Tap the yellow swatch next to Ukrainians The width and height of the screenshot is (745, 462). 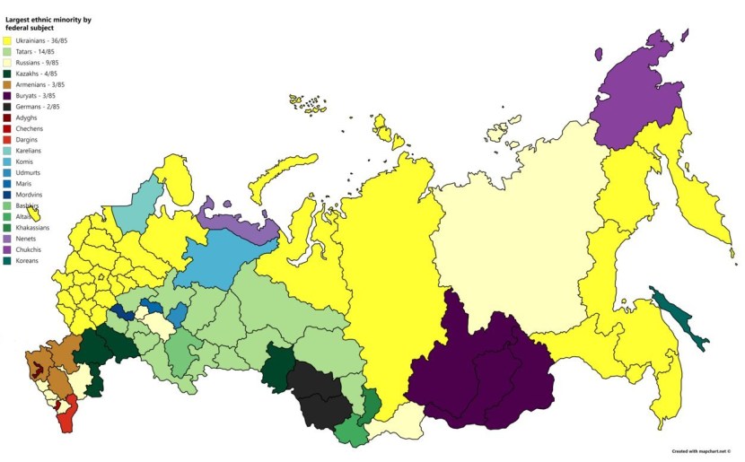7,40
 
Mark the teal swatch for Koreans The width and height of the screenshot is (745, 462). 7,259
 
